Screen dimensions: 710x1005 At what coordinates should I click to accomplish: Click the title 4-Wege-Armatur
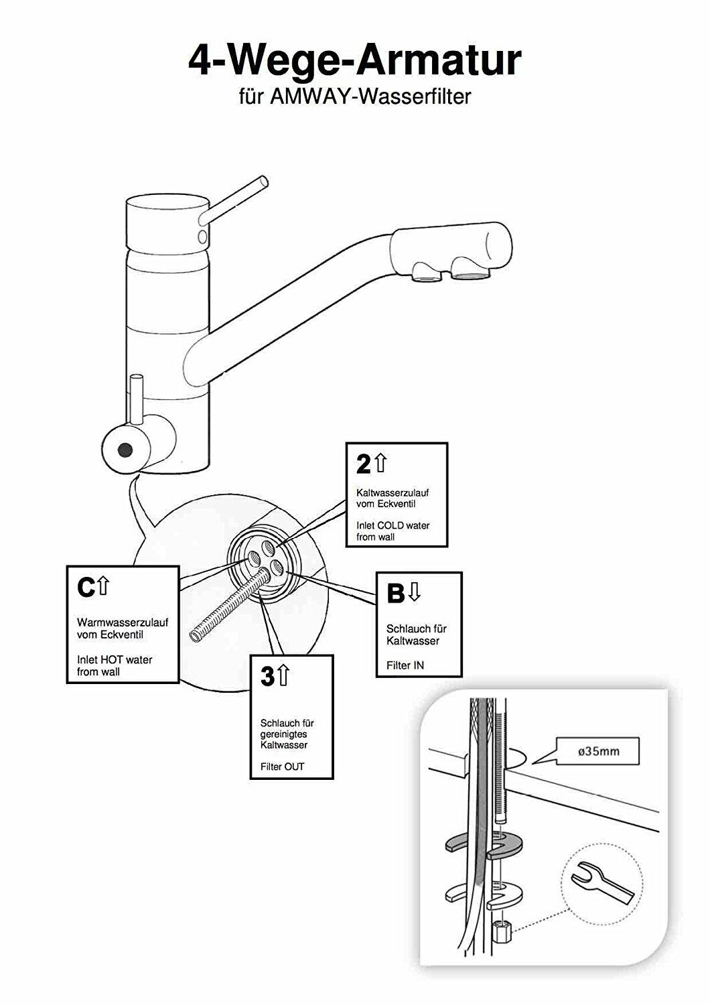click(355, 60)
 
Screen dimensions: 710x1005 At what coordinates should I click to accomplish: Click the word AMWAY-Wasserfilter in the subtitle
click(370, 96)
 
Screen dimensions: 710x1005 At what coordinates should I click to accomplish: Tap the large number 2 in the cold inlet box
click(363, 464)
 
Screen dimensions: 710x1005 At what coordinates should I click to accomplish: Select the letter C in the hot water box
click(86, 588)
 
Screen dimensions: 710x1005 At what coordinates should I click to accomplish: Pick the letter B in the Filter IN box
click(396, 593)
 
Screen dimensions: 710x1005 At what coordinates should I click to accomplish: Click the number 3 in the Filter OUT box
click(267, 676)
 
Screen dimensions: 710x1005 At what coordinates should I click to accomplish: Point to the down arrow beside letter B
click(415, 592)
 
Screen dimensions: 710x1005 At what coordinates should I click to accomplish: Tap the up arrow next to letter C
click(103, 586)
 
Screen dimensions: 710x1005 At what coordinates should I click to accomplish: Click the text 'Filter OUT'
click(282, 766)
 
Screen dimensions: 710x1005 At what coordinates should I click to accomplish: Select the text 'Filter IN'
click(405, 665)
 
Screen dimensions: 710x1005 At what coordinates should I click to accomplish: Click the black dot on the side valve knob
click(125, 449)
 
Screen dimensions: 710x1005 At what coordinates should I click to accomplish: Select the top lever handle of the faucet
click(234, 200)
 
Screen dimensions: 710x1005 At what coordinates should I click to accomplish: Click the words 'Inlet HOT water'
click(115, 659)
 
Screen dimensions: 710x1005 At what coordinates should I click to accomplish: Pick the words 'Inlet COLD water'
click(393, 525)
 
